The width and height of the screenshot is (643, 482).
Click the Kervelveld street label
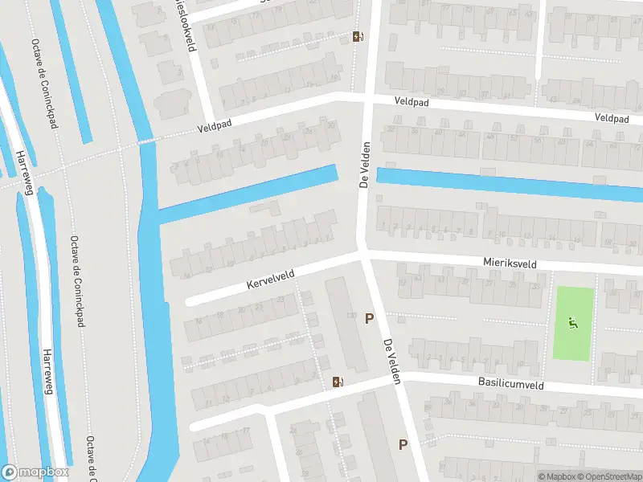coord(270,280)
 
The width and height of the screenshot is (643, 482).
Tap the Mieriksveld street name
coord(510,262)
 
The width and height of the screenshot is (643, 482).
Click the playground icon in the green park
coord(572,324)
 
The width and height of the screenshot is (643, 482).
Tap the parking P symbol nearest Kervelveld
coord(369,319)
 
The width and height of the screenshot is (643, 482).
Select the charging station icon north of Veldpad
coord(357,36)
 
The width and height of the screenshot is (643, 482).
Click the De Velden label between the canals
coord(363,165)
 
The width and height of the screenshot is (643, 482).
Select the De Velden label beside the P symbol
coord(391,361)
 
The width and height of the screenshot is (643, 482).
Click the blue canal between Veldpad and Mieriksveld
coord(506,183)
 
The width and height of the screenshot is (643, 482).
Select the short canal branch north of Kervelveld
coord(249,194)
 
